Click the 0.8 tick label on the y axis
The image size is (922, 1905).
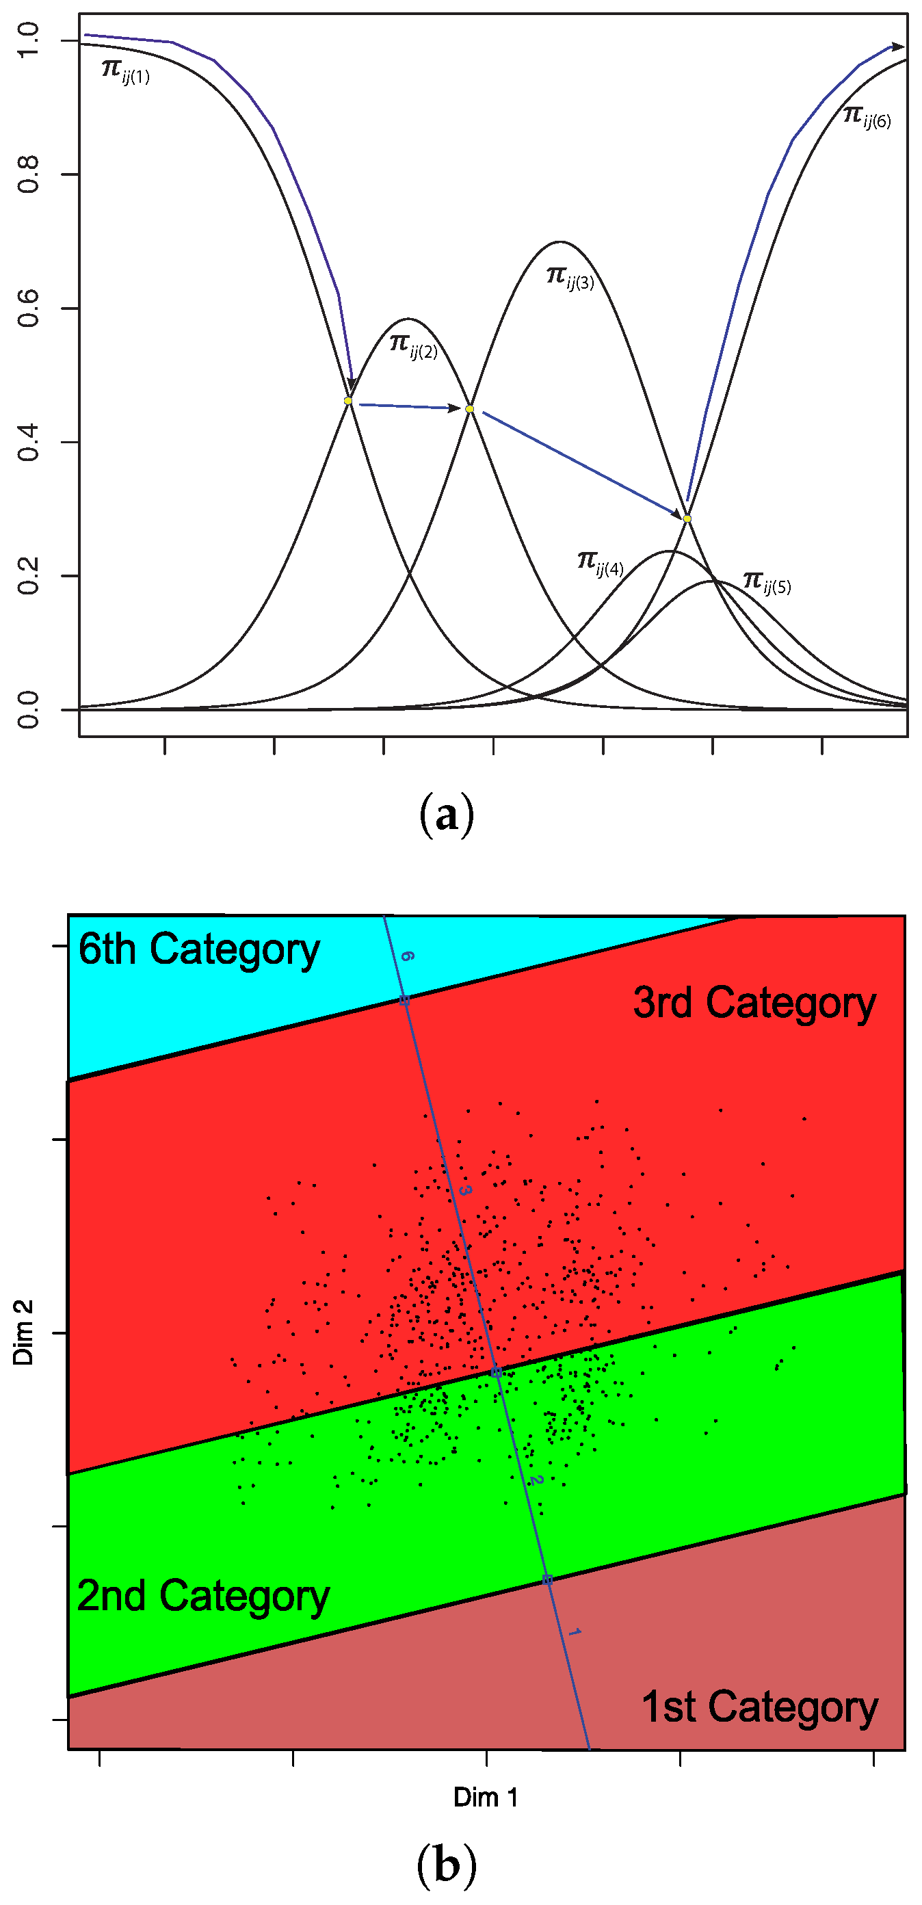click(27, 174)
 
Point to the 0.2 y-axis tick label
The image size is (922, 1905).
click(27, 575)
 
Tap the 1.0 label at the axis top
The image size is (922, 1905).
click(27, 40)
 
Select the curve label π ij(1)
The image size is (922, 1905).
click(126, 71)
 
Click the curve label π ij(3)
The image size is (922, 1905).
click(570, 278)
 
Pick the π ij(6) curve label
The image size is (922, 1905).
click(867, 117)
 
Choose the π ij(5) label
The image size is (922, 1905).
click(767, 583)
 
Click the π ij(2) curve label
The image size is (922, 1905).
click(413, 345)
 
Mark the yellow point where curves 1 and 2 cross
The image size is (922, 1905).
click(348, 401)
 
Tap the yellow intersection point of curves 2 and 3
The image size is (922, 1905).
click(469, 409)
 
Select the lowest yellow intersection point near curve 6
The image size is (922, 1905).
click(687, 518)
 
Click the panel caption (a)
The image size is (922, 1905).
click(447, 815)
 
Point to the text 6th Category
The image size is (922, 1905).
click(199, 950)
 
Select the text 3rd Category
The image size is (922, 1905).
click(754, 1004)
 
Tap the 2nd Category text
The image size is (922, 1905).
click(202, 1597)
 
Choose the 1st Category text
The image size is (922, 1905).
click(759, 1707)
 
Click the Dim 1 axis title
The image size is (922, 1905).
click(486, 1797)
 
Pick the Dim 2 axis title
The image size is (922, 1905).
click(23, 1332)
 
